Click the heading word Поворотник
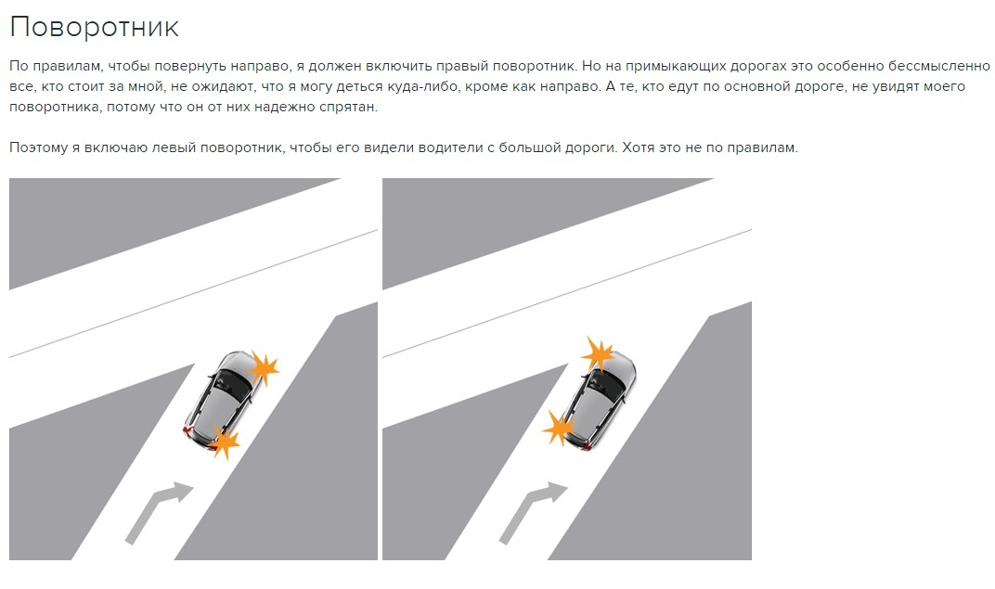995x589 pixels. click(95, 27)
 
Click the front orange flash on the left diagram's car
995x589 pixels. click(264, 367)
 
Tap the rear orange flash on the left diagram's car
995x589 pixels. click(224, 442)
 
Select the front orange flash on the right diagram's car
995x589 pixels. click(598, 353)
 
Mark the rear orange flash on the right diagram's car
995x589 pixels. click(559, 428)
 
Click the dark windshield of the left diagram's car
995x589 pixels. click(233, 385)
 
